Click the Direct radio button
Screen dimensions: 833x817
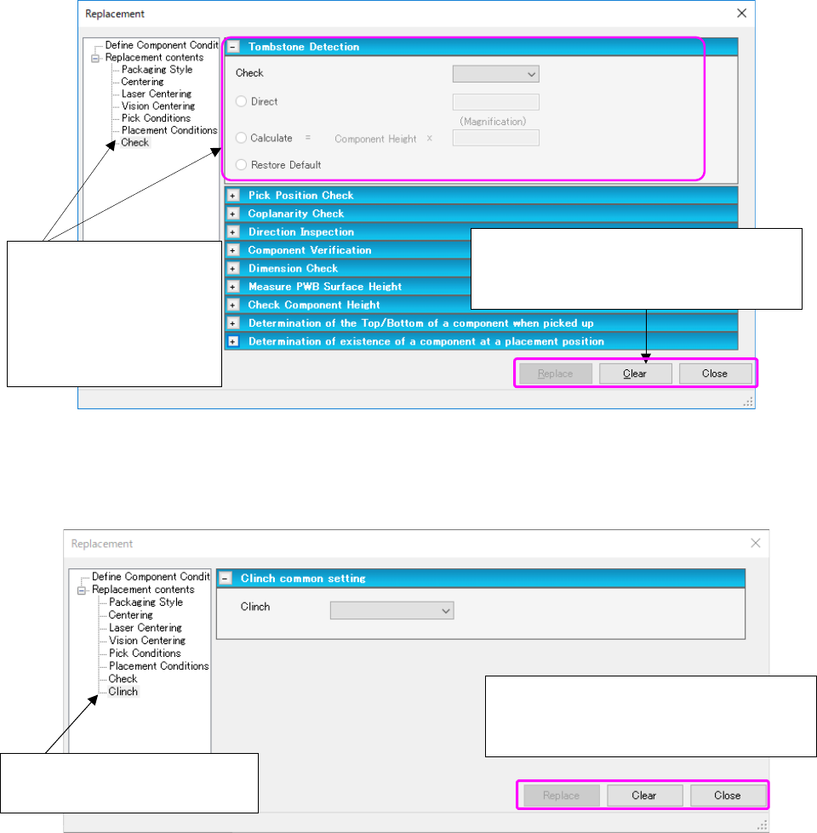pyautogui.click(x=242, y=102)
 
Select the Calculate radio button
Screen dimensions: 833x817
pyautogui.click(x=242, y=138)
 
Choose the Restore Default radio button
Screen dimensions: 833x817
pyautogui.click(x=242, y=165)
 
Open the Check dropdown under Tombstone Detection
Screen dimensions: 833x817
pyautogui.click(x=495, y=74)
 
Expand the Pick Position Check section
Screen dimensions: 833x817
pyautogui.click(x=231, y=196)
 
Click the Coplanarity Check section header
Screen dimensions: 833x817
pyautogui.click(x=295, y=214)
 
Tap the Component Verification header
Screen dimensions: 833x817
pyautogui.click(x=309, y=250)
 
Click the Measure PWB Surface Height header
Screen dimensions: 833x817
pyautogui.click(x=324, y=287)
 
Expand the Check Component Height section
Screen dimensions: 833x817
pyautogui.click(x=231, y=305)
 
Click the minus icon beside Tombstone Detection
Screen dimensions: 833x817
pyautogui.click(x=232, y=48)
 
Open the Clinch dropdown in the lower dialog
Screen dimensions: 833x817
pyautogui.click(x=391, y=610)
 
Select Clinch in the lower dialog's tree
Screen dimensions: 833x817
pyautogui.click(x=123, y=692)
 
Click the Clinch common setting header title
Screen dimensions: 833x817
pyautogui.click(x=303, y=579)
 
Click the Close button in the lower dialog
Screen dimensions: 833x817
pyautogui.click(x=727, y=796)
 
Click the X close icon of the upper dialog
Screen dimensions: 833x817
pyautogui.click(x=741, y=13)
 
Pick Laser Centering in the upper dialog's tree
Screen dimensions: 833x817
pyautogui.click(x=156, y=94)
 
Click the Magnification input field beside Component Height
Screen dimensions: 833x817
pyautogui.click(x=495, y=138)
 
